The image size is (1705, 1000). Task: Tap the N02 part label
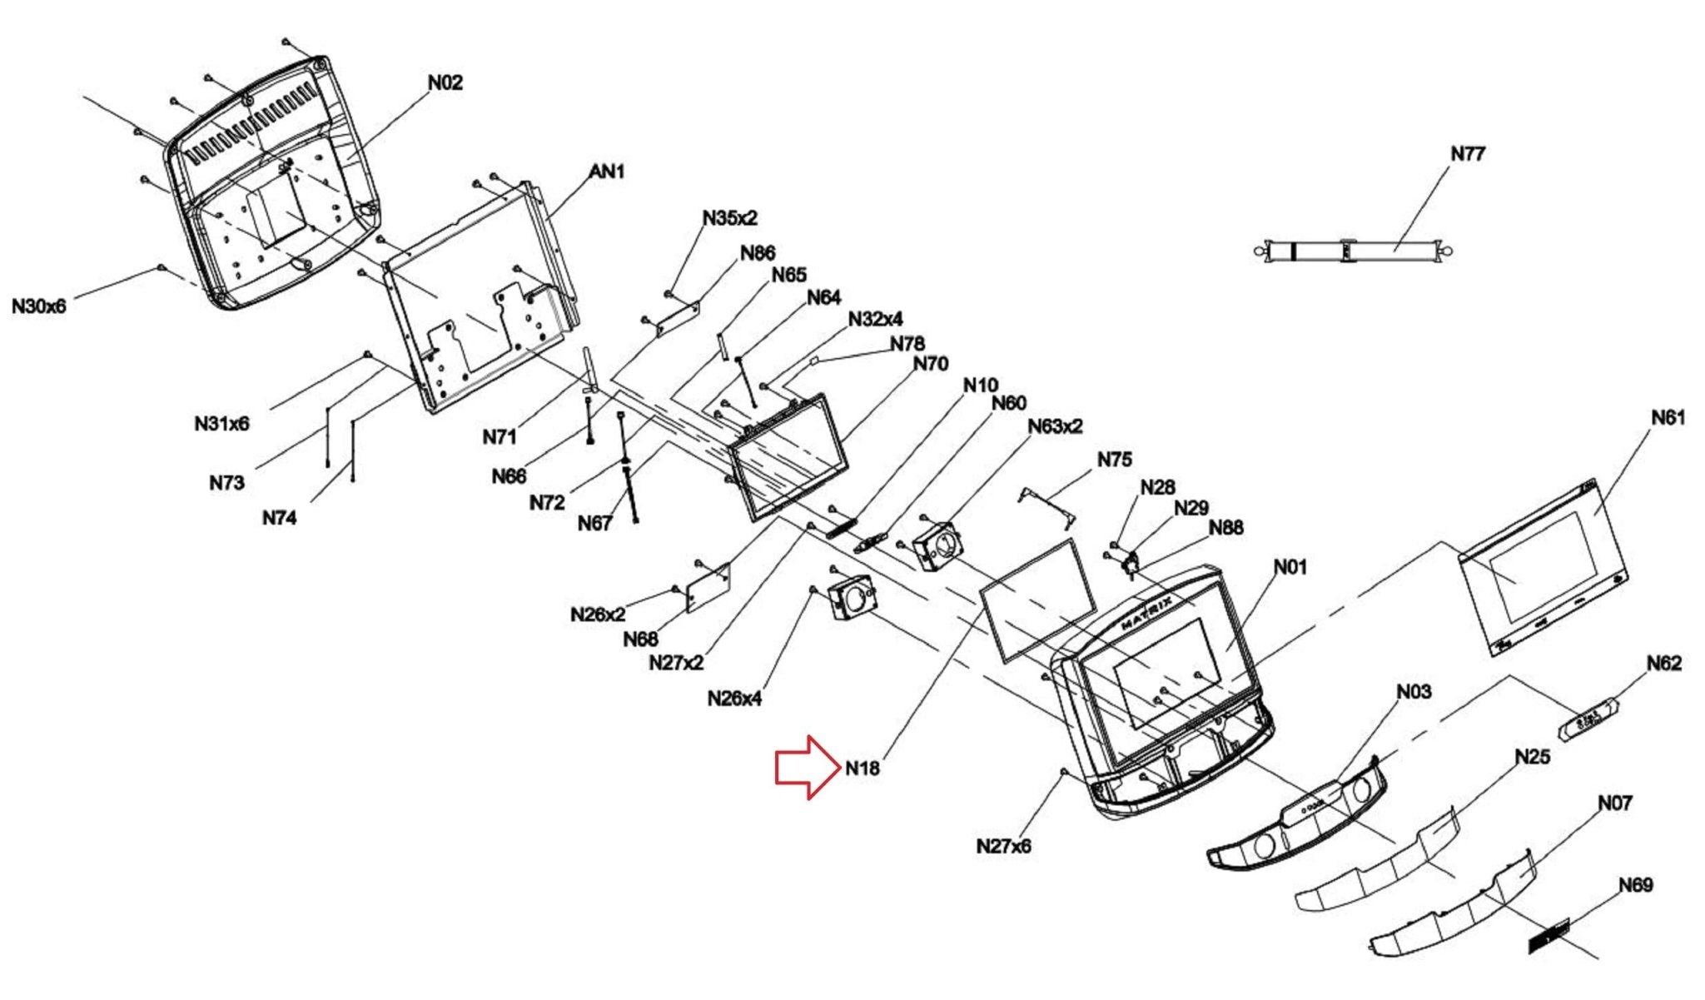(445, 82)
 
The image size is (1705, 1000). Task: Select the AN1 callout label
(607, 172)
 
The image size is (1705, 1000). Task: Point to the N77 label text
(1468, 154)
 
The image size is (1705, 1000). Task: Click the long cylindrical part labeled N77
(1353, 250)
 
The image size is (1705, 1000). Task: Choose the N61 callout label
(1668, 417)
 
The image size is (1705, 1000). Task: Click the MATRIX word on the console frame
(1148, 612)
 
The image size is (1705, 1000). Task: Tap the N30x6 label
(39, 306)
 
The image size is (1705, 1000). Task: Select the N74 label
(280, 518)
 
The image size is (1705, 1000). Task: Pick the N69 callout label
(1636, 885)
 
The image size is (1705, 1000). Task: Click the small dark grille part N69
(1548, 936)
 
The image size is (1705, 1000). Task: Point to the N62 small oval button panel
(1588, 717)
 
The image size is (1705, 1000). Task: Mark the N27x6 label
(1003, 846)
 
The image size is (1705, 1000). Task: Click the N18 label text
(862, 769)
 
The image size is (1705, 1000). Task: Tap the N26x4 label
(734, 698)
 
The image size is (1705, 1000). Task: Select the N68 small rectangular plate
(708, 588)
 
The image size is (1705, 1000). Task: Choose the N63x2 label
(1055, 426)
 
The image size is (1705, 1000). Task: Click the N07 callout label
(1614, 803)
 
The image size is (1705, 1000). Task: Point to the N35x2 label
(730, 218)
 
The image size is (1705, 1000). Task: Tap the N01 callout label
(1290, 567)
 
